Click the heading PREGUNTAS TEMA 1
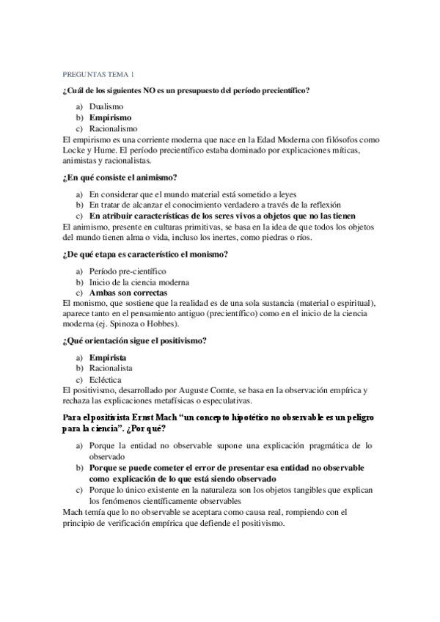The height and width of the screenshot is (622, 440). pyautogui.click(x=98, y=74)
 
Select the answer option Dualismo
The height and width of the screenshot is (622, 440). pyautogui.click(x=106, y=106)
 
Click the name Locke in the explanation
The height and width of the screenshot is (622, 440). pyautogui.click(x=76, y=149)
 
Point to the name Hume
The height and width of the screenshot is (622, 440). pyautogui.click(x=114, y=149)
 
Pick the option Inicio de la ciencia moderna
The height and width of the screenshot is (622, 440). pyautogui.click(x=139, y=282)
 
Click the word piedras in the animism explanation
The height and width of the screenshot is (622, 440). pyautogui.click(x=266, y=238)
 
